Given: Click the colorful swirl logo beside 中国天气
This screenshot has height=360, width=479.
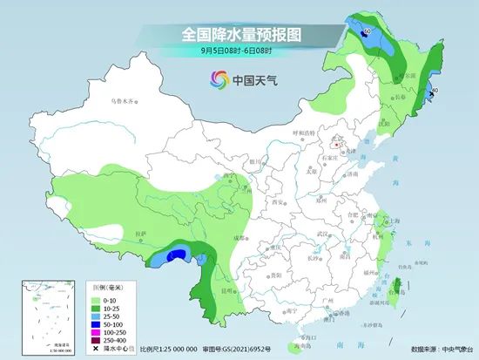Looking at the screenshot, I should (x=214, y=80).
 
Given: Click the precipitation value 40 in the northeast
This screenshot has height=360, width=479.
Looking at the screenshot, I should (x=434, y=90).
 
